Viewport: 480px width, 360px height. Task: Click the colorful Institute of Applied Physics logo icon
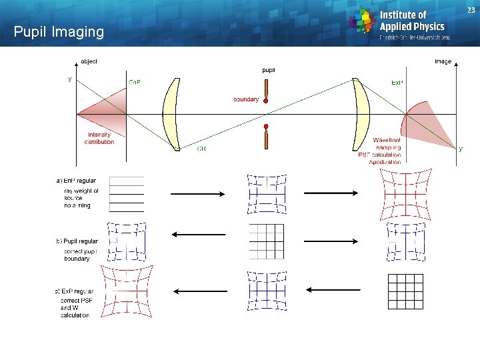point(363,20)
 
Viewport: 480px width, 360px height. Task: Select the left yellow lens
point(171,113)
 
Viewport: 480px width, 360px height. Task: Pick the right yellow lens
point(361,113)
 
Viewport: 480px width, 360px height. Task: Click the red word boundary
point(245,99)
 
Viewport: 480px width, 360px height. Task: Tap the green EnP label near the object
point(135,83)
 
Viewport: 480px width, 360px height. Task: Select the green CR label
point(201,149)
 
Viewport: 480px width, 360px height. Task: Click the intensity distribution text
point(99,138)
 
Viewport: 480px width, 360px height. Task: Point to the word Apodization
point(385,162)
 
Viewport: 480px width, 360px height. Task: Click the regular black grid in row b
point(266,241)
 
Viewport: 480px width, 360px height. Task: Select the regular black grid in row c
point(405,291)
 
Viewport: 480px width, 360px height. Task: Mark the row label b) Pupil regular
point(77,241)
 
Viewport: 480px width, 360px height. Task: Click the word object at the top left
point(89,61)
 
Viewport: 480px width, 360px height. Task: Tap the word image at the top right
point(443,61)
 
